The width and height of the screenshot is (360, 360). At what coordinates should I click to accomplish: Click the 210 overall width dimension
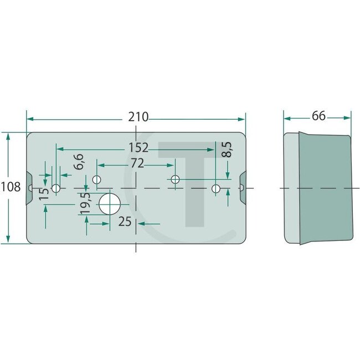click(138, 117)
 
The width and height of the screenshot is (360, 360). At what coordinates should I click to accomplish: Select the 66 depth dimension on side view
click(318, 117)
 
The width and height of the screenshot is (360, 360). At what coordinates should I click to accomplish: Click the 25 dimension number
click(125, 223)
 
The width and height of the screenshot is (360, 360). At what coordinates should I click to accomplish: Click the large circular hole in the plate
click(109, 203)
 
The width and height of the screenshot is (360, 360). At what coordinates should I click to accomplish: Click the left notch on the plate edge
click(29, 188)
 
